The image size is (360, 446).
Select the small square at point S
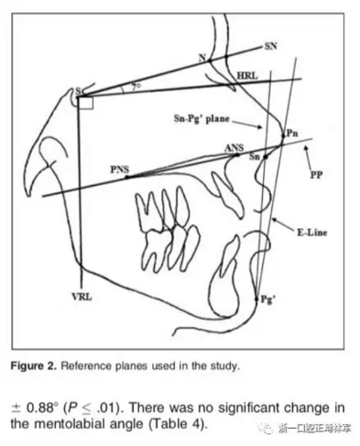point(86,103)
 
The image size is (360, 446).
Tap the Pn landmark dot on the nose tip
point(283,137)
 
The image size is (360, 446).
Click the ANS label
point(233,146)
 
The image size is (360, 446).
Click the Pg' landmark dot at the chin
point(256,298)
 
